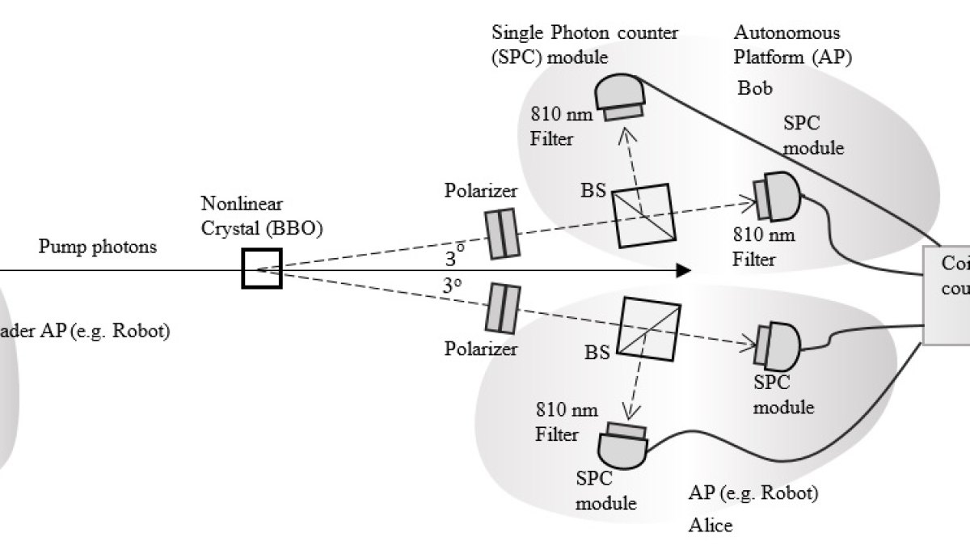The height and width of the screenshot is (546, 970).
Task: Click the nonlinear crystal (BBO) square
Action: [x=261, y=269]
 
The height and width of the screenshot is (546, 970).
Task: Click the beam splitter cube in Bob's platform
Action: [x=643, y=215]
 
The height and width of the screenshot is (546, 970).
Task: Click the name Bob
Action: [x=755, y=87]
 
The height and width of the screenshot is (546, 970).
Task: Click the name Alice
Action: [x=710, y=525]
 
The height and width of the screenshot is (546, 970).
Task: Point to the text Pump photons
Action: [x=98, y=247]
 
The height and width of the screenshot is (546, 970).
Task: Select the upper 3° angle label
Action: [x=455, y=260]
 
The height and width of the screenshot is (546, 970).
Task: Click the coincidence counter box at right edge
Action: [x=947, y=295]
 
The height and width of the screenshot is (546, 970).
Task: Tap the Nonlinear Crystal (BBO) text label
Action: [x=264, y=216]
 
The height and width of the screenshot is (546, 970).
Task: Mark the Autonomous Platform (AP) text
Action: [x=792, y=45]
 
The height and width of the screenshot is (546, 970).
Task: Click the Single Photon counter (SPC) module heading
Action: [x=585, y=45]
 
